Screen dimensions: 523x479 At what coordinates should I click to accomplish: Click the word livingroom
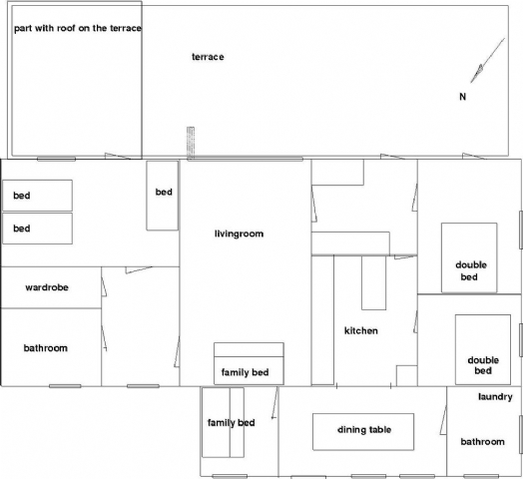point(239,234)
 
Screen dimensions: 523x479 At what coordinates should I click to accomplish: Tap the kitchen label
point(361,330)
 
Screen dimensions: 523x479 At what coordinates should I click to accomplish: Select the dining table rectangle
point(363,432)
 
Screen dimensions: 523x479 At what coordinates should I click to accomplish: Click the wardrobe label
point(47,287)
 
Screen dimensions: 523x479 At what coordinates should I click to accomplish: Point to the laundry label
point(495,396)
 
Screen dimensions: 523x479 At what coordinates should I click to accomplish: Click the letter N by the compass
point(462,97)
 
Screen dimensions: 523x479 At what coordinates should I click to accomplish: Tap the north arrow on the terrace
point(487,61)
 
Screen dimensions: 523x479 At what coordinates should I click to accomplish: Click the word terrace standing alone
point(208,57)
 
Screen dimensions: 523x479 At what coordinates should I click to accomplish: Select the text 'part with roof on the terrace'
point(78,28)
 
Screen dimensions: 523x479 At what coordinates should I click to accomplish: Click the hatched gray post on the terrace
point(191,142)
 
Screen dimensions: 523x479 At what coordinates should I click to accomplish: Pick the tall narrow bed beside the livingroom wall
point(162,196)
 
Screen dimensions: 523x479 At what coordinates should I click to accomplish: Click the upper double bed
point(469,257)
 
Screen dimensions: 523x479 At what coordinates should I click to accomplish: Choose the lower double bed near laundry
point(483,349)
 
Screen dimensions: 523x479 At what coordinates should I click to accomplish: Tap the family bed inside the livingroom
point(249,363)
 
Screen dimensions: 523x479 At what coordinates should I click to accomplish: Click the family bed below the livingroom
point(224,422)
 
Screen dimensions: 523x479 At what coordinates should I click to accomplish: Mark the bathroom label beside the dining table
point(482,442)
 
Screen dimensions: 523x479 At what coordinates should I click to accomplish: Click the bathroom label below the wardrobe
point(46,348)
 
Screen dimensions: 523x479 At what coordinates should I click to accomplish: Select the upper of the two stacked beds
point(37,196)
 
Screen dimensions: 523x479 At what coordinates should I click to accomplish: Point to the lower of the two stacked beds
point(37,229)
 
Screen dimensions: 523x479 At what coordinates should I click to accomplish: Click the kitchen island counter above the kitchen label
point(374,282)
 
